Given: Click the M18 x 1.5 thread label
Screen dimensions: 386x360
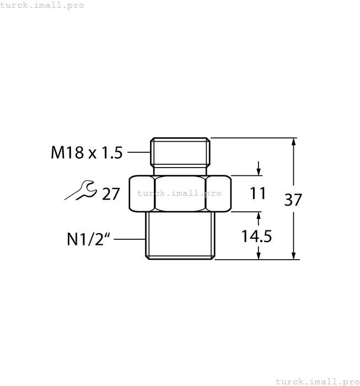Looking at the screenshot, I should [x=87, y=153].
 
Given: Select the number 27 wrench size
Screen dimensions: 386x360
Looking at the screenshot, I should [x=111, y=194].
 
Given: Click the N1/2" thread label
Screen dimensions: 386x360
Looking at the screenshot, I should [x=89, y=239].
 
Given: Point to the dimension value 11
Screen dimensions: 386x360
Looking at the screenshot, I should [x=258, y=194].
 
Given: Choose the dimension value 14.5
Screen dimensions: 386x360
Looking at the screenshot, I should [x=257, y=236].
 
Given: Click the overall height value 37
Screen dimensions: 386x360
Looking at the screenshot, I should [x=293, y=200].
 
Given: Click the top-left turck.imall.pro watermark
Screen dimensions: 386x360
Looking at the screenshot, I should [x=42, y=5].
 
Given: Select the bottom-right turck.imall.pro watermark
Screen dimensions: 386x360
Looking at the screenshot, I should [x=317, y=381].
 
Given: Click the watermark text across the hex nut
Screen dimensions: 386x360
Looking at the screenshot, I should [x=180, y=194].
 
